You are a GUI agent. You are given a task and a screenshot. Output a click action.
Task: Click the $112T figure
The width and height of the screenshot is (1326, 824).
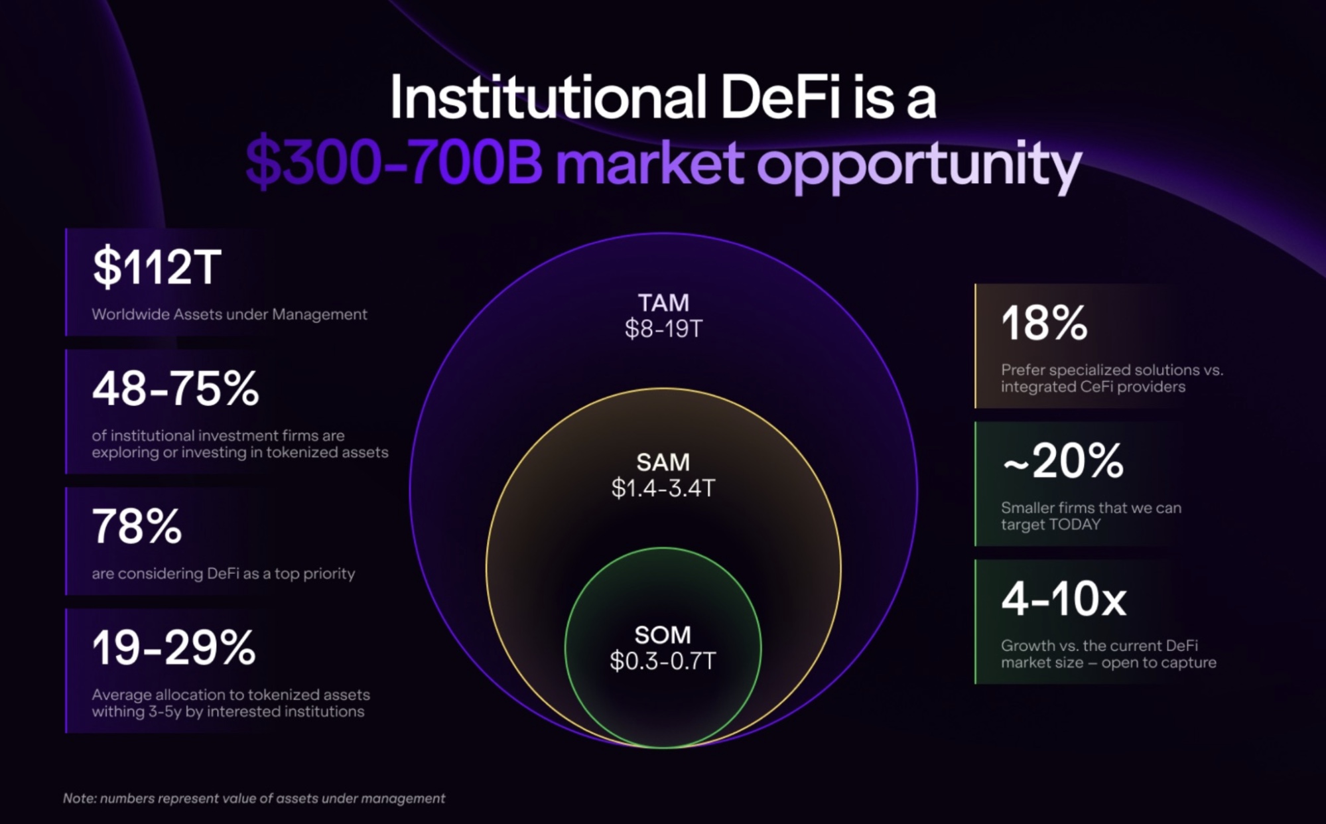click(x=157, y=267)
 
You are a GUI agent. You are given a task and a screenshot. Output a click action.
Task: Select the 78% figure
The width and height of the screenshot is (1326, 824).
click(x=137, y=526)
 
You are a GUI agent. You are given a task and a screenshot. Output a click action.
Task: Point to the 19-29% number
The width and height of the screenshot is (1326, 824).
click(x=174, y=648)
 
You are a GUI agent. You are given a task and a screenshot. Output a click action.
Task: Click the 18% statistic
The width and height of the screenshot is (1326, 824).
click(x=1044, y=323)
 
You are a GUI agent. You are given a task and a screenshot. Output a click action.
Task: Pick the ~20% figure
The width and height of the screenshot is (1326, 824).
click(x=1063, y=461)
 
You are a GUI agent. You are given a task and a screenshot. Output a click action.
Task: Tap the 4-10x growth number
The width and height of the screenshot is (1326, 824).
click(x=1063, y=598)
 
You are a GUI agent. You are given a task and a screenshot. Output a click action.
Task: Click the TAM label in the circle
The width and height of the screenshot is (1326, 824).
click(x=663, y=303)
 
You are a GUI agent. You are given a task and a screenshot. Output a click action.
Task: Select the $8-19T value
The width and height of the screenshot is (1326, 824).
click(x=663, y=328)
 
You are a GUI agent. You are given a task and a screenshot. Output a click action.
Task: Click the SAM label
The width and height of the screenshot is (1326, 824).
click(x=663, y=462)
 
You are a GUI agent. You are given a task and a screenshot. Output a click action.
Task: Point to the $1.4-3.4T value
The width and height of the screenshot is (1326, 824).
click(x=663, y=488)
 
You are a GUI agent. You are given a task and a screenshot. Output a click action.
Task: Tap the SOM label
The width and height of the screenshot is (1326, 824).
click(x=663, y=635)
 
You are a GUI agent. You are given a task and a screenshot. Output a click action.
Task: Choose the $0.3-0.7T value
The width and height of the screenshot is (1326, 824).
click(x=663, y=661)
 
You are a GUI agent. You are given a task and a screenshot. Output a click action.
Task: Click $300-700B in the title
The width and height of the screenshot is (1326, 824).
click(x=394, y=163)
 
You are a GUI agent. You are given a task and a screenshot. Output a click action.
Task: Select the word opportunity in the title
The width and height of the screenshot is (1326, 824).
click(x=919, y=167)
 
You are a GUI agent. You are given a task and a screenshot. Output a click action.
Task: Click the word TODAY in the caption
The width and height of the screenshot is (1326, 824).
click(x=1075, y=524)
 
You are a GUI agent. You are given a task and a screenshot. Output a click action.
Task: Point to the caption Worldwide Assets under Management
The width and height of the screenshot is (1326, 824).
click(x=230, y=314)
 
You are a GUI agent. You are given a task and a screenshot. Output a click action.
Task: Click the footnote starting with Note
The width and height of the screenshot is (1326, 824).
click(x=254, y=798)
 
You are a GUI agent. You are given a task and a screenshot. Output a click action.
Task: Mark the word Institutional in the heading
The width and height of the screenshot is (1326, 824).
click(x=548, y=98)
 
